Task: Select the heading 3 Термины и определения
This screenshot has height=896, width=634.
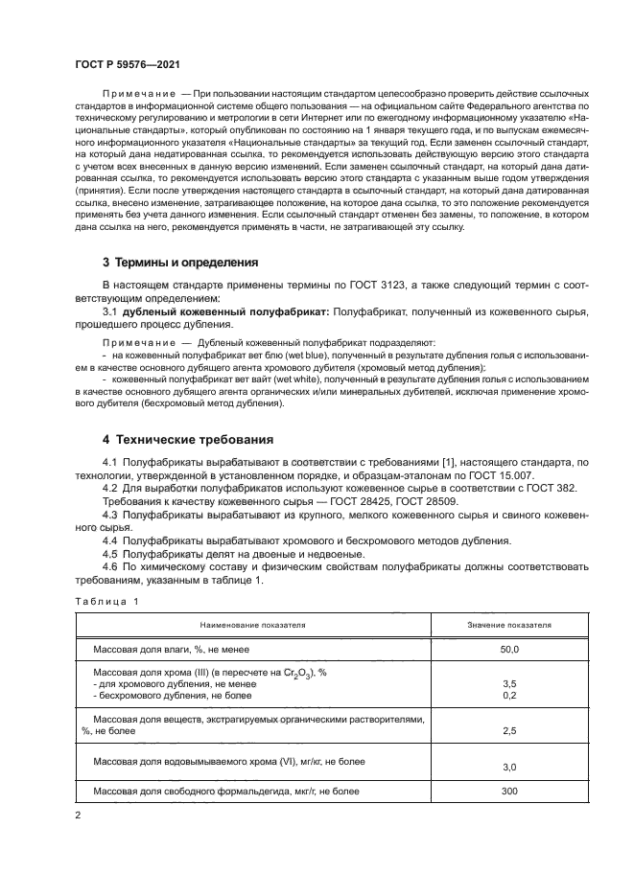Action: click(179, 262)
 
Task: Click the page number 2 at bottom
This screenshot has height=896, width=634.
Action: click(78, 816)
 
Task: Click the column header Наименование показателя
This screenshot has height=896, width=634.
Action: click(253, 624)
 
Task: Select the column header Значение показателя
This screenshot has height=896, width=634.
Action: click(508, 624)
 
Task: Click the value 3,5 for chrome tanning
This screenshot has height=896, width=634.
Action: click(508, 684)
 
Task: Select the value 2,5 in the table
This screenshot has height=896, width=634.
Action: click(508, 730)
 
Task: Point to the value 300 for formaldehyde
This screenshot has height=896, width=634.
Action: click(508, 792)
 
